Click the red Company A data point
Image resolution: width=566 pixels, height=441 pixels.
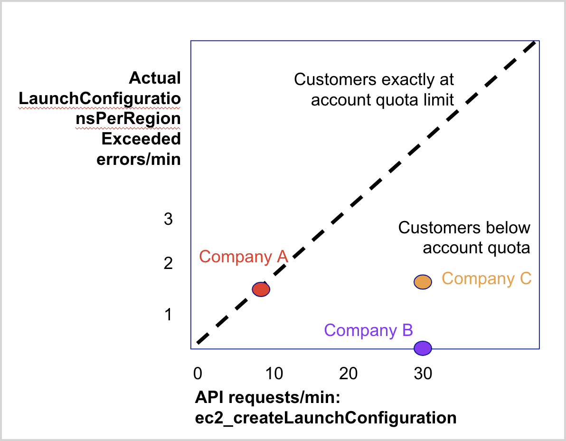[x=261, y=289]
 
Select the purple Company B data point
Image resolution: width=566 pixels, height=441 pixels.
[x=422, y=348]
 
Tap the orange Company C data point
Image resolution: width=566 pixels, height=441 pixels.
[x=422, y=282]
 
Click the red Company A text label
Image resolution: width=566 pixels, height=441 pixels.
[x=244, y=257]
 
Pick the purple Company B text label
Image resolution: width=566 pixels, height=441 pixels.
[x=368, y=330]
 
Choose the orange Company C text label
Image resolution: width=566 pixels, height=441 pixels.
[x=486, y=278]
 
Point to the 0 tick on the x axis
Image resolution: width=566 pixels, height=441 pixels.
[x=198, y=374]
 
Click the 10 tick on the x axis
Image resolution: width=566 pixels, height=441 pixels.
[x=273, y=374]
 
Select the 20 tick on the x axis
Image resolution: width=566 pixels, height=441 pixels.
[x=348, y=374]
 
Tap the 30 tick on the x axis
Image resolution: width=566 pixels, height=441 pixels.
[x=422, y=374]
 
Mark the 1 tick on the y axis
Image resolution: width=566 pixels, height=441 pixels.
[x=168, y=314]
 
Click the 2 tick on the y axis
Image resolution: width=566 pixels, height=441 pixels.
[x=168, y=263]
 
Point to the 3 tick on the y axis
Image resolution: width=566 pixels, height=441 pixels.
[x=168, y=220]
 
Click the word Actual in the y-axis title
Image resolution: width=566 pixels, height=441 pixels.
[x=155, y=78]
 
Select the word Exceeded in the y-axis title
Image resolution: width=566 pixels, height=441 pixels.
[x=141, y=139]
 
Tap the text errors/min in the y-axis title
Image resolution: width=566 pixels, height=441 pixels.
[x=139, y=159]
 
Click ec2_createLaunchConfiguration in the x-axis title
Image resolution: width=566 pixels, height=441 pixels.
[x=326, y=418]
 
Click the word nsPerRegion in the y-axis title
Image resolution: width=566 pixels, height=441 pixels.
[x=128, y=119]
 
